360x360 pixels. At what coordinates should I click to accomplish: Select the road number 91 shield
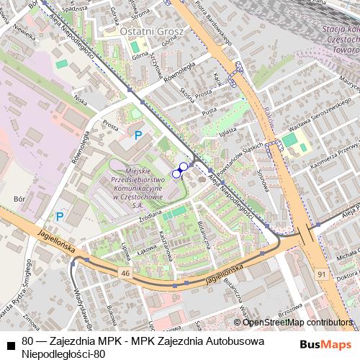pos(320,274)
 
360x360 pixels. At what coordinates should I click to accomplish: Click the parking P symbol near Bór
pos(60,216)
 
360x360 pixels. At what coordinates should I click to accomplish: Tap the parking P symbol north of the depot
pos(138,134)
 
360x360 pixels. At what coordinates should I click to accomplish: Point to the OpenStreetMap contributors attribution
pos(297,323)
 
